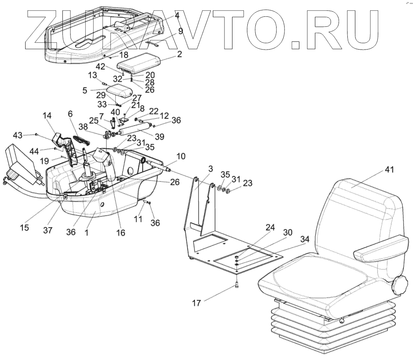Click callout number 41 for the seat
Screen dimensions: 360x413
coord(389,170)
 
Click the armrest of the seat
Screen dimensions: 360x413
coord(380,250)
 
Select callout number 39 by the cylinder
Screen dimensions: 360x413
coord(160,137)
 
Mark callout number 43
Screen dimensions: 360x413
coord(18,135)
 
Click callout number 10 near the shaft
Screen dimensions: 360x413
coord(181,156)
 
